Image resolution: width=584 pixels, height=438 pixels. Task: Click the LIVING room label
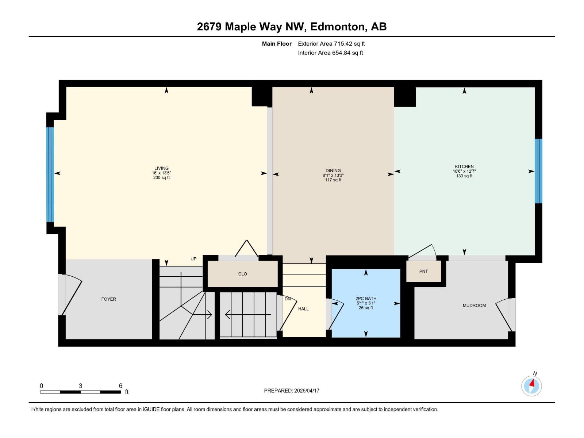161,168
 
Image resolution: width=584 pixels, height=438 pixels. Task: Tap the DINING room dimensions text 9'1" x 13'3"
333,175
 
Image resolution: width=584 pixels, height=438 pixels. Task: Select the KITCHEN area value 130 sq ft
464,176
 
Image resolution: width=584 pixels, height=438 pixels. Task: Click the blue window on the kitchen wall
538,171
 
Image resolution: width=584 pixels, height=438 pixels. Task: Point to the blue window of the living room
50,174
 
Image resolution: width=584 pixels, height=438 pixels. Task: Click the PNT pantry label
423,272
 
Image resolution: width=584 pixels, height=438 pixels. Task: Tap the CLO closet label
242,274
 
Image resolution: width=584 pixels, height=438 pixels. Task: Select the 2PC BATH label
366,299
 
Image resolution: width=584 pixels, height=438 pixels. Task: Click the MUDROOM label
474,306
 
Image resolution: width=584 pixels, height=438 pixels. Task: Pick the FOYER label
108,299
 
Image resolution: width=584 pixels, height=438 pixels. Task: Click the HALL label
303,309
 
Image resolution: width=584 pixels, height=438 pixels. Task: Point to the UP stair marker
193,259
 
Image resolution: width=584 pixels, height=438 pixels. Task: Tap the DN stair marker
288,299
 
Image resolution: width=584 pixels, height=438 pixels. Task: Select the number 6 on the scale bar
120,386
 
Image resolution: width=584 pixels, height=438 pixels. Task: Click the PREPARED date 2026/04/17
306,391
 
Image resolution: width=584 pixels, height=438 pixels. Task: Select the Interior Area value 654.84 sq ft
347,53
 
